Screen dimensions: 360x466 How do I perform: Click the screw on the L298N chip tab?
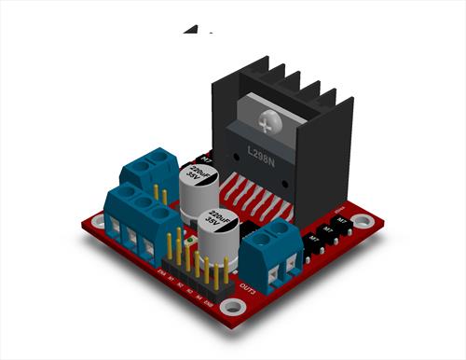point(270,120)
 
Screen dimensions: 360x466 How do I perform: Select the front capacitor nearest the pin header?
point(222,228)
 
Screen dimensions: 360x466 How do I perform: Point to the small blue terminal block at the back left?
point(146,173)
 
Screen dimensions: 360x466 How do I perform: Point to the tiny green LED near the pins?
point(189,241)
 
